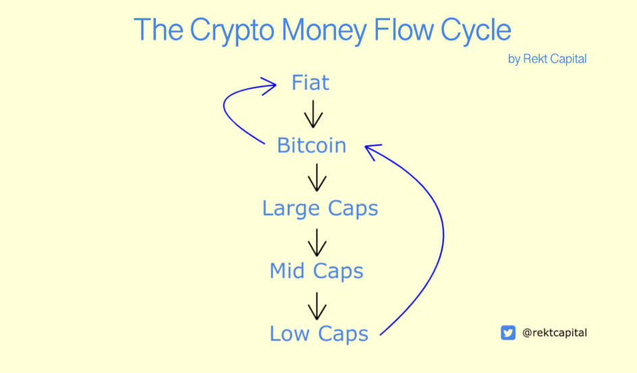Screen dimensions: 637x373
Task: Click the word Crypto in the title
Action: pos(232,31)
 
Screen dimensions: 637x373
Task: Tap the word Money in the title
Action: pos(324,31)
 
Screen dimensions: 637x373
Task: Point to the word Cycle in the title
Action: pos(476,31)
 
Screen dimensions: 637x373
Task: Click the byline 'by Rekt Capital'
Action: pos(547,59)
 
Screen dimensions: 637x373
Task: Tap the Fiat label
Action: pos(310,82)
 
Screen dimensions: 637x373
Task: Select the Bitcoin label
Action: pos(312,145)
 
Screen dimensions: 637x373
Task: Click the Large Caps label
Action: pos(320,209)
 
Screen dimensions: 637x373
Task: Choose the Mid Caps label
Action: pos(316,272)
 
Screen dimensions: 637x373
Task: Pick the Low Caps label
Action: pos(319,334)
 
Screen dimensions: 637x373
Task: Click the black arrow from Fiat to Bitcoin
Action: pos(313,114)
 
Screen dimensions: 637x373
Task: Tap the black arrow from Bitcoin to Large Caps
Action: pos(317,178)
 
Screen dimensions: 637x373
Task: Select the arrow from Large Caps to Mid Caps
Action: pos(317,243)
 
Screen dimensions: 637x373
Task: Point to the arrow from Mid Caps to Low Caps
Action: pos(317,306)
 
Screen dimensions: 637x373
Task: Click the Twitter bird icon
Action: pos(508,332)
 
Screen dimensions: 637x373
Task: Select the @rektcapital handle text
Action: pos(555,332)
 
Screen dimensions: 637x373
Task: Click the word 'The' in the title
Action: pos(159,29)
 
